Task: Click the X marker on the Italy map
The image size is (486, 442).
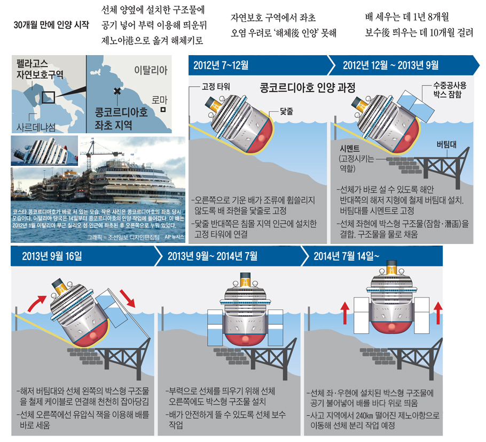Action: [117, 92]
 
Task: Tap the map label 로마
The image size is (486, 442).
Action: [159, 100]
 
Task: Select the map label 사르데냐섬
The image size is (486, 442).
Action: [36, 127]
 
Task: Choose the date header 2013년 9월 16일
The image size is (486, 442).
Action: [52, 256]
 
